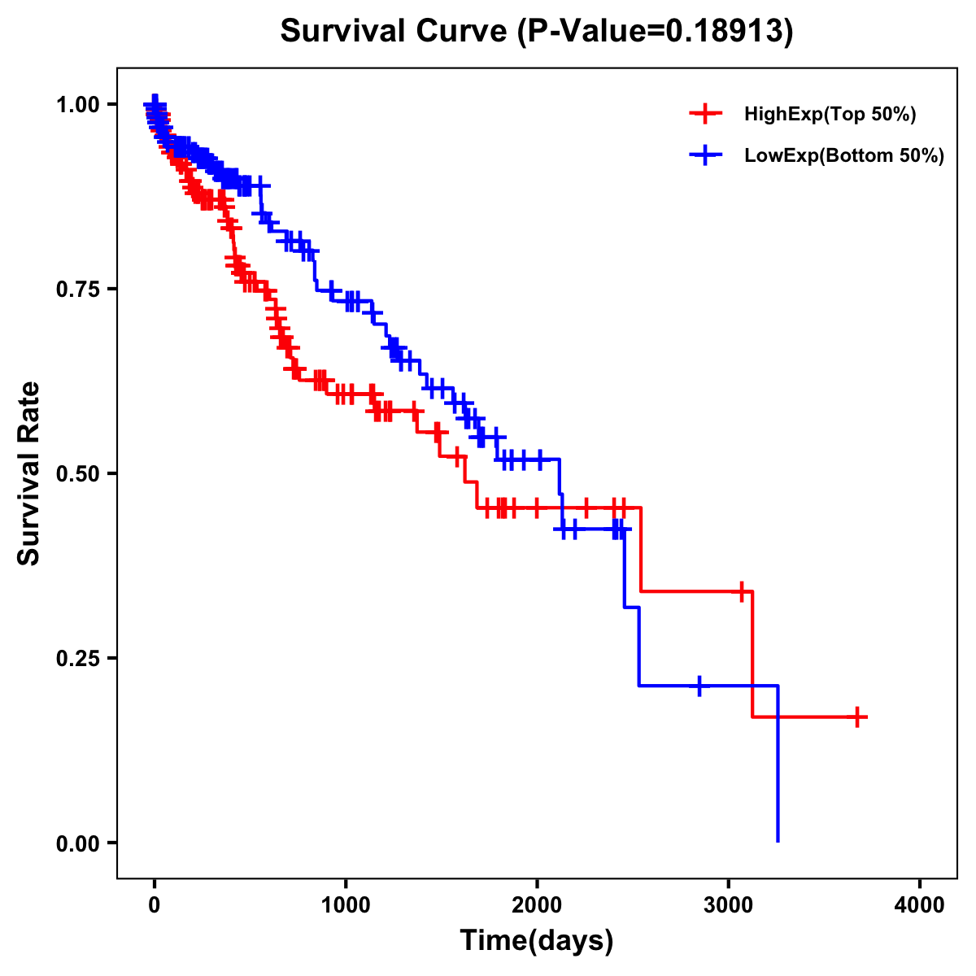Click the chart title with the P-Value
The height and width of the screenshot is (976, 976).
click(x=536, y=32)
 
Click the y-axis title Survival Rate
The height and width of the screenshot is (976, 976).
click(x=29, y=473)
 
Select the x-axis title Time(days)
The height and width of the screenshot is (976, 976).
click(x=537, y=940)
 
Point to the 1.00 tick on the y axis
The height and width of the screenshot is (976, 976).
click(x=78, y=104)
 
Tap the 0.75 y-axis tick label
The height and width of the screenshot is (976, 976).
click(x=78, y=289)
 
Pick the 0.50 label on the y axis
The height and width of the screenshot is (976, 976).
click(x=78, y=473)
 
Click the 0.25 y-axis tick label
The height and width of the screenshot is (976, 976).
click(x=78, y=658)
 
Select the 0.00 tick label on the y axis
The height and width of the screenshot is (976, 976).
click(x=78, y=843)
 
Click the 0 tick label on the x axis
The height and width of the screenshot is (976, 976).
click(x=155, y=904)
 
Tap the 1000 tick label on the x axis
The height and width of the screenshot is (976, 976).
click(x=346, y=904)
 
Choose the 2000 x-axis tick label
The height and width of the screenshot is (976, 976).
click(x=537, y=904)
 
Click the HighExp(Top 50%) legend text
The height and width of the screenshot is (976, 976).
click(x=830, y=115)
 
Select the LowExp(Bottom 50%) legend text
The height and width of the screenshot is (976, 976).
click(x=844, y=156)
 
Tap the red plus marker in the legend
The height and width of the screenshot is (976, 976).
click(x=705, y=114)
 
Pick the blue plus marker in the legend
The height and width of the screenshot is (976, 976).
click(x=705, y=155)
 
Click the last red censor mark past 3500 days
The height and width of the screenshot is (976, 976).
click(x=857, y=717)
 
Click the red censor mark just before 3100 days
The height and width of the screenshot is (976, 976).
click(x=742, y=591)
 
